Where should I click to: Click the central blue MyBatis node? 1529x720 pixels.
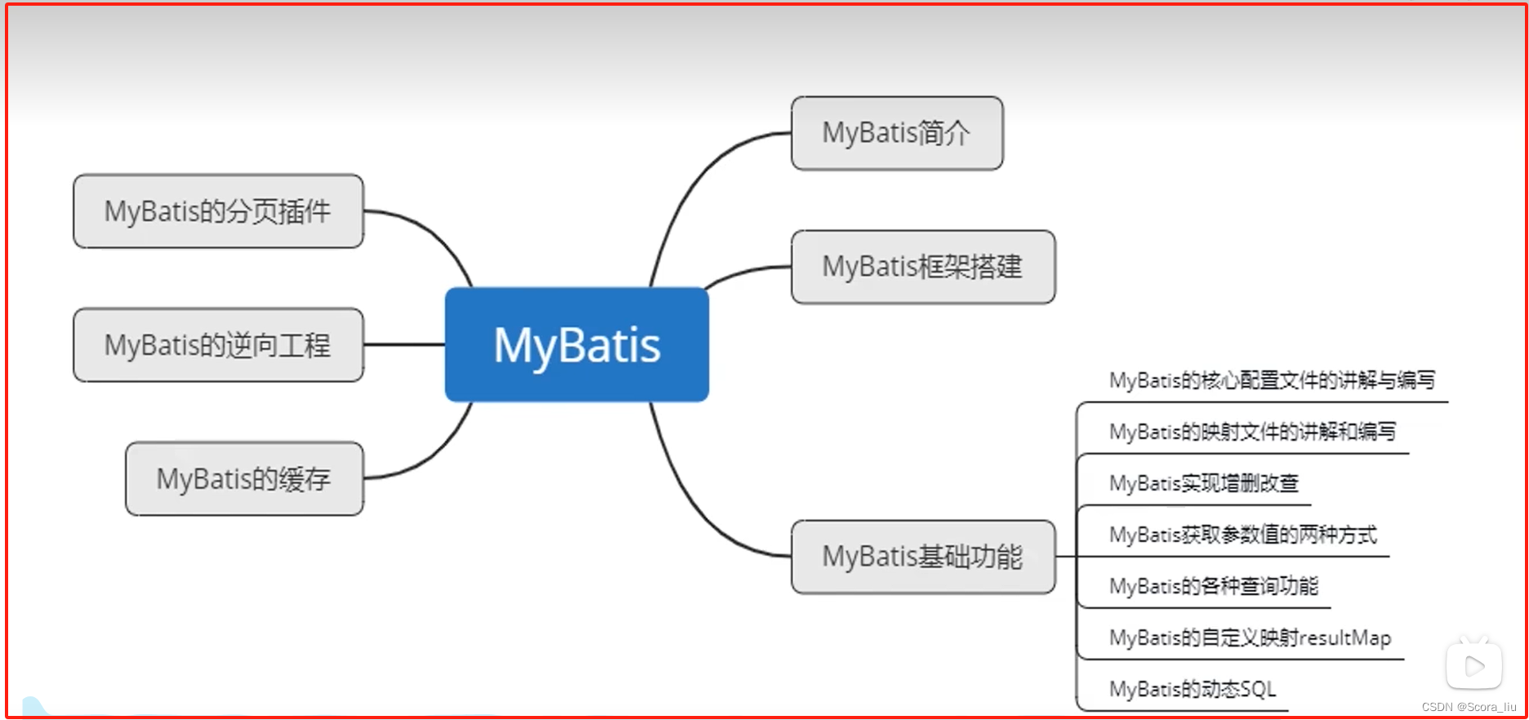[x=577, y=344]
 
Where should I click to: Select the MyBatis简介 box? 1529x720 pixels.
[x=897, y=133]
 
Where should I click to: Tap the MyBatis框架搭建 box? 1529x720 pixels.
[x=923, y=267]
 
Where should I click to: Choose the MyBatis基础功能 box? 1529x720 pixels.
[x=923, y=557]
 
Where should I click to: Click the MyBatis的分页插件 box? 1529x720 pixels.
[x=218, y=211]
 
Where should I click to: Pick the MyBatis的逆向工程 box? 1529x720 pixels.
[x=218, y=345]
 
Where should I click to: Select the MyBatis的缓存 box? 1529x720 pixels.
[x=244, y=479]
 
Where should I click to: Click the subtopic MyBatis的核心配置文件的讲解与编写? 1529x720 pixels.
[x=1272, y=380]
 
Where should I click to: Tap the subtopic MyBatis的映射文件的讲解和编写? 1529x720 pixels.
[x=1252, y=432]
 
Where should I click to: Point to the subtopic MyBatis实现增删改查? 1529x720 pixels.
[x=1203, y=483]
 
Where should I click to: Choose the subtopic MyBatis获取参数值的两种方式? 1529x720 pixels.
[x=1242, y=535]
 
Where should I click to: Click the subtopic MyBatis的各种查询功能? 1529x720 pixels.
[x=1213, y=586]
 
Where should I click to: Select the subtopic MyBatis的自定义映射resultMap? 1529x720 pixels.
[x=1250, y=638]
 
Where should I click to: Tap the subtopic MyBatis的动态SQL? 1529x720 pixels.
[x=1192, y=689]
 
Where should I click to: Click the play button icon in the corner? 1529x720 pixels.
[x=1473, y=666]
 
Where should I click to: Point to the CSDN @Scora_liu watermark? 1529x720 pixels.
[x=1469, y=707]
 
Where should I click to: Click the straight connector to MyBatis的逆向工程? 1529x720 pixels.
[x=404, y=344]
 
